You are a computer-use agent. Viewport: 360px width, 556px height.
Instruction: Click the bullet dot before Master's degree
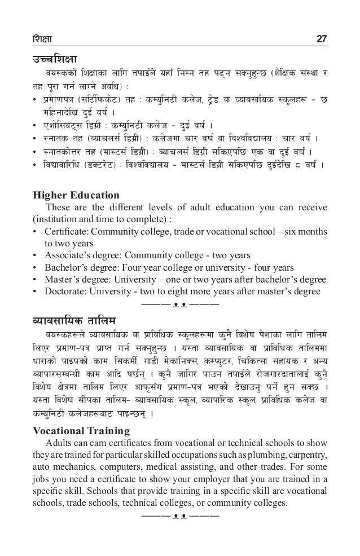click(x=36, y=279)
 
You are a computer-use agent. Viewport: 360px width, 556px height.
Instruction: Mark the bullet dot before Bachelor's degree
click(x=36, y=267)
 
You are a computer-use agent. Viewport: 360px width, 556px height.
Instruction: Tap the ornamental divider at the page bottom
click(x=180, y=516)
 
